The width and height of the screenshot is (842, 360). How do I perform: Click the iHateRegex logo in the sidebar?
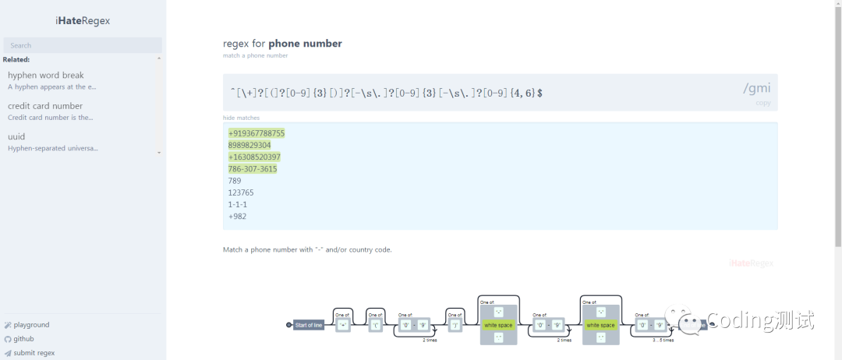click(83, 21)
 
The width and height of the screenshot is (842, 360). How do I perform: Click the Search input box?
click(83, 45)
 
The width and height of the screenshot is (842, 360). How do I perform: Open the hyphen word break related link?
click(46, 76)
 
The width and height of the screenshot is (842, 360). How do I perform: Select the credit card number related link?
click(45, 106)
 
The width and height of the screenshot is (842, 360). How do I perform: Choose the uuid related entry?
click(16, 136)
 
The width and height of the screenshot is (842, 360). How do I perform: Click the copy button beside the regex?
click(763, 103)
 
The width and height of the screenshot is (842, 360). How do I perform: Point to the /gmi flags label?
click(756, 88)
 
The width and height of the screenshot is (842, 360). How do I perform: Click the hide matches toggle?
click(241, 118)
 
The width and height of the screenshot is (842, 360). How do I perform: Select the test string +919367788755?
click(256, 133)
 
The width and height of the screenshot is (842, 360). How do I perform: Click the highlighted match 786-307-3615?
click(253, 169)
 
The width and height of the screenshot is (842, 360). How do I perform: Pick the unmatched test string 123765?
click(241, 192)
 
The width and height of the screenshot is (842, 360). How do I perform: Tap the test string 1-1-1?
click(237, 204)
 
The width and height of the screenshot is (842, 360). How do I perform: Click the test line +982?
click(237, 217)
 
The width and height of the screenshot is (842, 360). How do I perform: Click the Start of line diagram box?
click(309, 325)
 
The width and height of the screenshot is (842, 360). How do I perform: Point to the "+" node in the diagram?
click(343, 326)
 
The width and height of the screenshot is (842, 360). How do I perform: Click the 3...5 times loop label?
click(663, 341)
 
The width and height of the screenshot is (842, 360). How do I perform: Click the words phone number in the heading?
click(305, 44)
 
